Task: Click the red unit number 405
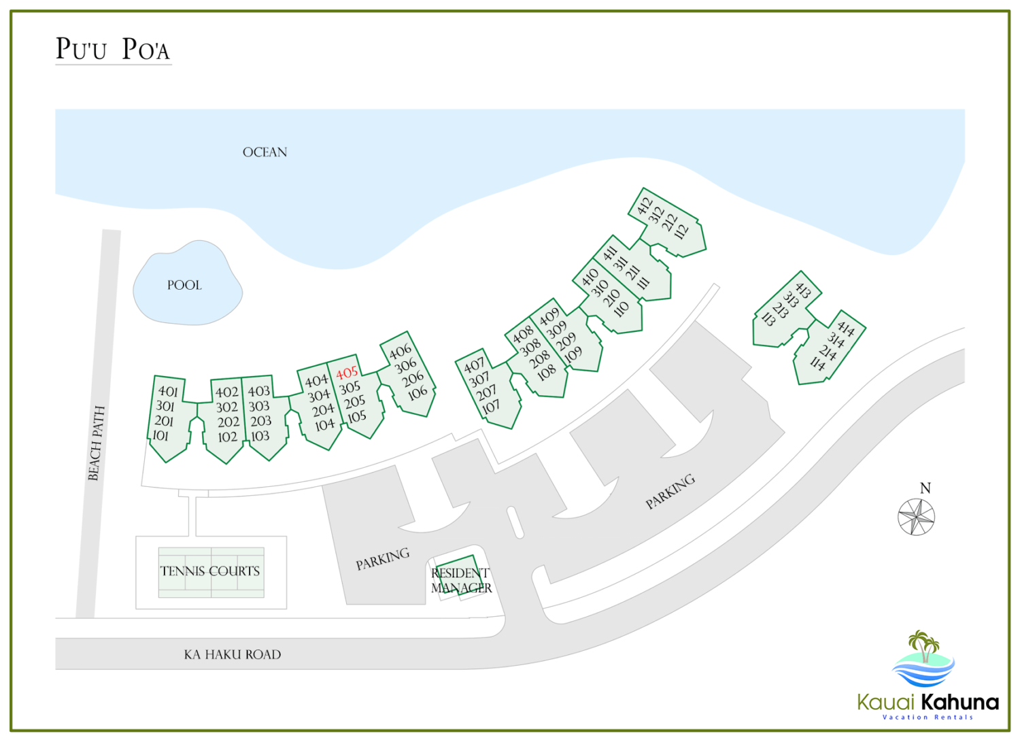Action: click(x=347, y=373)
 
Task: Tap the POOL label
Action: click(x=184, y=285)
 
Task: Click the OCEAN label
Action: click(x=265, y=152)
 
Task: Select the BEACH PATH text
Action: click(x=97, y=443)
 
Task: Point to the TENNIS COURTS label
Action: click(x=210, y=571)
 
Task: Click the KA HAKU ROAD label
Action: click(x=232, y=654)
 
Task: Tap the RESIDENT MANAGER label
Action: click(x=461, y=580)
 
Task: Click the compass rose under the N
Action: click(x=916, y=517)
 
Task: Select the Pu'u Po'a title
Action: click(x=112, y=49)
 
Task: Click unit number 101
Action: click(x=160, y=435)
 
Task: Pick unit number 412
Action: click(x=645, y=205)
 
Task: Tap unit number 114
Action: click(x=817, y=363)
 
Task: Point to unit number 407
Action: click(x=474, y=365)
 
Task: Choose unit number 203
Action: click(x=260, y=421)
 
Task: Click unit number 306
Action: click(x=405, y=365)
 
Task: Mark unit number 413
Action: click(x=803, y=290)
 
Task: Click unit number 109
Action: click(x=573, y=354)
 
